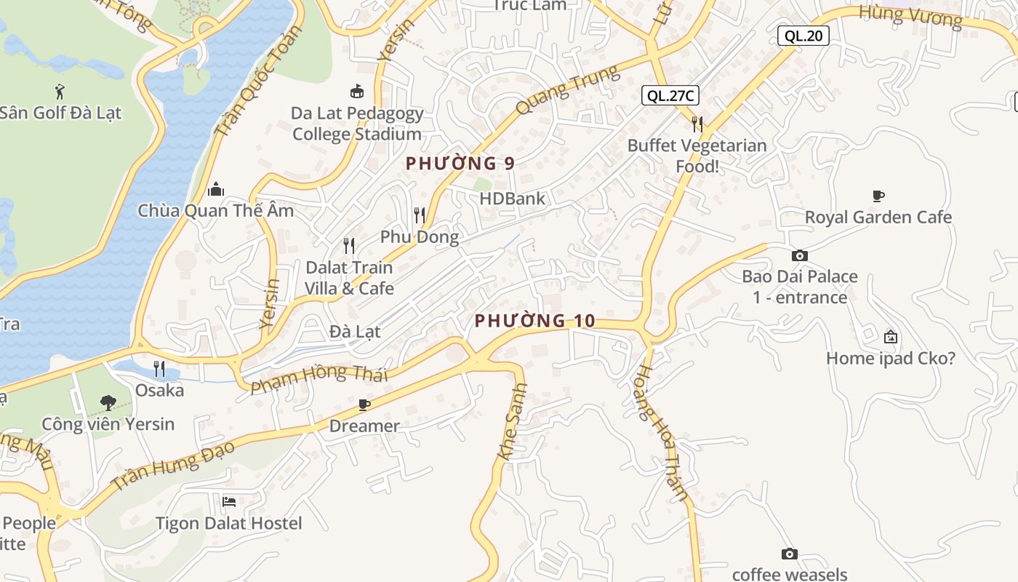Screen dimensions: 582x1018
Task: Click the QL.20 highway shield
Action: [803, 35]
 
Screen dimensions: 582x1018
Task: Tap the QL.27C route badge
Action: [670, 95]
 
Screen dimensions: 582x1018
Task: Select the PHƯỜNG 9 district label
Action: [460, 164]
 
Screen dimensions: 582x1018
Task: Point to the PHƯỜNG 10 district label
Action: [535, 321]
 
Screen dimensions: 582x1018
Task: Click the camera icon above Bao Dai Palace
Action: [799, 255]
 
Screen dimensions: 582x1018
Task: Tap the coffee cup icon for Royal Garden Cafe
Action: [878, 196]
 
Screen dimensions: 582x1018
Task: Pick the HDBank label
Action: [512, 198]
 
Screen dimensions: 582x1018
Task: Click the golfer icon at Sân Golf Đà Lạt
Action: [60, 92]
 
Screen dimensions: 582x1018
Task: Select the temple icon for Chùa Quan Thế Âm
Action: [216, 190]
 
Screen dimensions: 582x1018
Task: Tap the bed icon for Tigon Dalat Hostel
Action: [228, 502]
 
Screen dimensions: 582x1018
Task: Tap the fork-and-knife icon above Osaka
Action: [160, 369]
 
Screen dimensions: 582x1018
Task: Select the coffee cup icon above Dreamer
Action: [364, 404]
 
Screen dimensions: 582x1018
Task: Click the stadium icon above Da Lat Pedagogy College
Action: [357, 92]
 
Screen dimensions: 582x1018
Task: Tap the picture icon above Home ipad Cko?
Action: [890, 337]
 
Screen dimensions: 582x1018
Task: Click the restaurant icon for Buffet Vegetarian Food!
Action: [697, 124]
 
